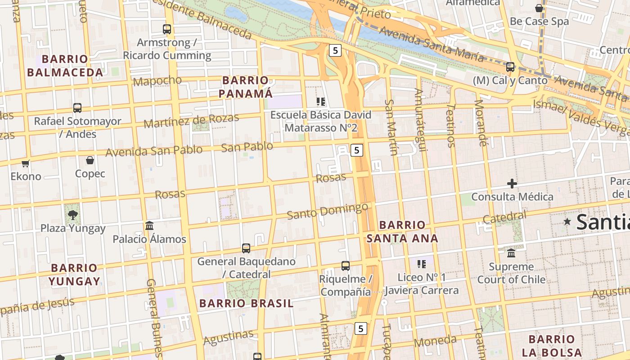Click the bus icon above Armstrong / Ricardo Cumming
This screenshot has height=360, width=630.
167,29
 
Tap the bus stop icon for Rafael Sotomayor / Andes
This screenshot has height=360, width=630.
77,108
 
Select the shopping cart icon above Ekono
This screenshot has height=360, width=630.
26,163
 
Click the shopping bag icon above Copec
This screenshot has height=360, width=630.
90,160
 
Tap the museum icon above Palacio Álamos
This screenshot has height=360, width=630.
149,225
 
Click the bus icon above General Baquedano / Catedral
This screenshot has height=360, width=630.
246,248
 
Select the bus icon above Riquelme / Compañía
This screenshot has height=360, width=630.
346,265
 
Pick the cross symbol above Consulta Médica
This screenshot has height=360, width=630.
512,184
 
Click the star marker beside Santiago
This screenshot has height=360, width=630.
567,221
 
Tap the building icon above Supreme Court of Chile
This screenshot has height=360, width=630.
511,253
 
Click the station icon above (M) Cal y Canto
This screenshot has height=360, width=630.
510,67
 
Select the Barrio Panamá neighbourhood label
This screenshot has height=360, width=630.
246,87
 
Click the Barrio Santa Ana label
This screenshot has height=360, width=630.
402,231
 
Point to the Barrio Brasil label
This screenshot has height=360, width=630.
246,303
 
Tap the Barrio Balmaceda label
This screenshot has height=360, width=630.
65,66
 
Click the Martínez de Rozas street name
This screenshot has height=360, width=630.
191,121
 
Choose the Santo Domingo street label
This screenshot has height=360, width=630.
327,211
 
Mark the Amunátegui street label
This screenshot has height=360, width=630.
419,120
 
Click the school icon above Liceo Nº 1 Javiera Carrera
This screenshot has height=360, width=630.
422,264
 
